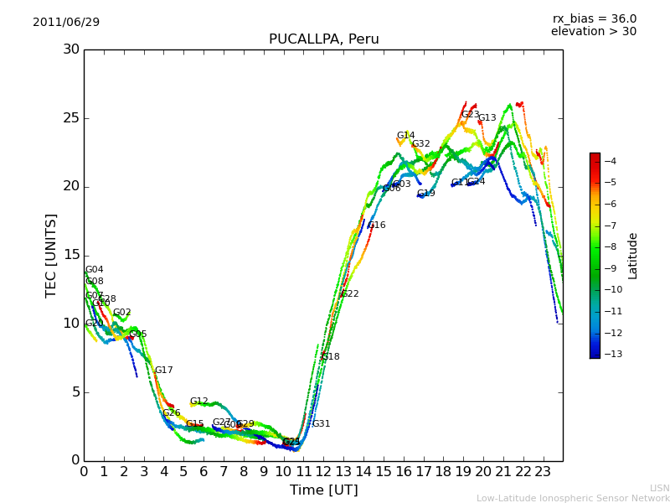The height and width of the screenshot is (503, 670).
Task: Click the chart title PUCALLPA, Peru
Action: coord(323,39)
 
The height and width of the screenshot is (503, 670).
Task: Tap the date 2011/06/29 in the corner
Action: coord(66,23)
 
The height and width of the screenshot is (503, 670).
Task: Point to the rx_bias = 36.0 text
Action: coord(594,19)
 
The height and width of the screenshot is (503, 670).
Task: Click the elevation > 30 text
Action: coord(593,32)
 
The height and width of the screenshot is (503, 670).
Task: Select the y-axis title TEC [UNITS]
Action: coord(51,255)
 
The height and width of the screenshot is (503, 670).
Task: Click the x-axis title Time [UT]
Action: coord(323,490)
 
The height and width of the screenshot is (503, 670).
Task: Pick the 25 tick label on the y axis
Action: coord(70,118)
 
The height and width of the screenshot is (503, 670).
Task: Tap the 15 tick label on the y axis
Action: coord(70,255)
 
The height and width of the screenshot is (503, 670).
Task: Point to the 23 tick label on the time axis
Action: coord(543,472)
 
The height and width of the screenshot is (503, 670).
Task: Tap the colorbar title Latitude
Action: coord(633,256)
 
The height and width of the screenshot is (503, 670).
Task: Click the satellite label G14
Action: coord(405,136)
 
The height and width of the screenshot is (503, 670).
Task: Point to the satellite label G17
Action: coord(163,371)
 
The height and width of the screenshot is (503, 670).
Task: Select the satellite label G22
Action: coord(349,294)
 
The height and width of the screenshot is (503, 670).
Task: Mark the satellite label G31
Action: coord(321,424)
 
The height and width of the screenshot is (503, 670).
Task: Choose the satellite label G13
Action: coord(487,118)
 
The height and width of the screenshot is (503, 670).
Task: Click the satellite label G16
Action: coord(377,226)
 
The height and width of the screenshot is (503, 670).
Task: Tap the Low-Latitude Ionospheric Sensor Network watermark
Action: coord(573,499)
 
